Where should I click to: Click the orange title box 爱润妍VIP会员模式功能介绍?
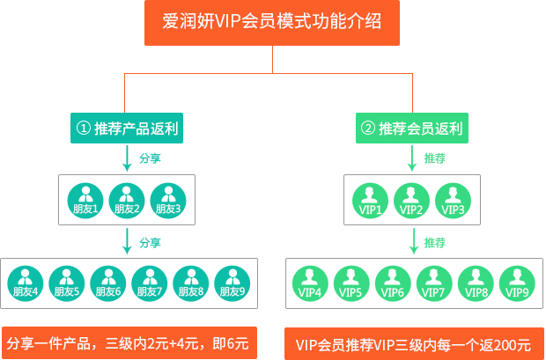click(272, 23)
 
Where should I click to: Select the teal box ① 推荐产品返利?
click(127, 129)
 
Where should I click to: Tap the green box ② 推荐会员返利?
click(411, 129)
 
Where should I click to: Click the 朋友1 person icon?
click(85, 201)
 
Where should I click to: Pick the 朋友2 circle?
click(126, 201)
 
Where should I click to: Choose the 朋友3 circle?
click(167, 201)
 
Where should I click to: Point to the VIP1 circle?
click(371, 201)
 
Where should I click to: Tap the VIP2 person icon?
click(411, 201)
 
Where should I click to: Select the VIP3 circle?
click(453, 201)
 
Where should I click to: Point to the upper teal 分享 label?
click(150, 159)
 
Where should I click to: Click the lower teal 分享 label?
click(150, 242)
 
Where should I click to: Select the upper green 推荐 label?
click(435, 159)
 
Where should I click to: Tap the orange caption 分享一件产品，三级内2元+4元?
click(129, 342)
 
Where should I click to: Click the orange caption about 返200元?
click(413, 343)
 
